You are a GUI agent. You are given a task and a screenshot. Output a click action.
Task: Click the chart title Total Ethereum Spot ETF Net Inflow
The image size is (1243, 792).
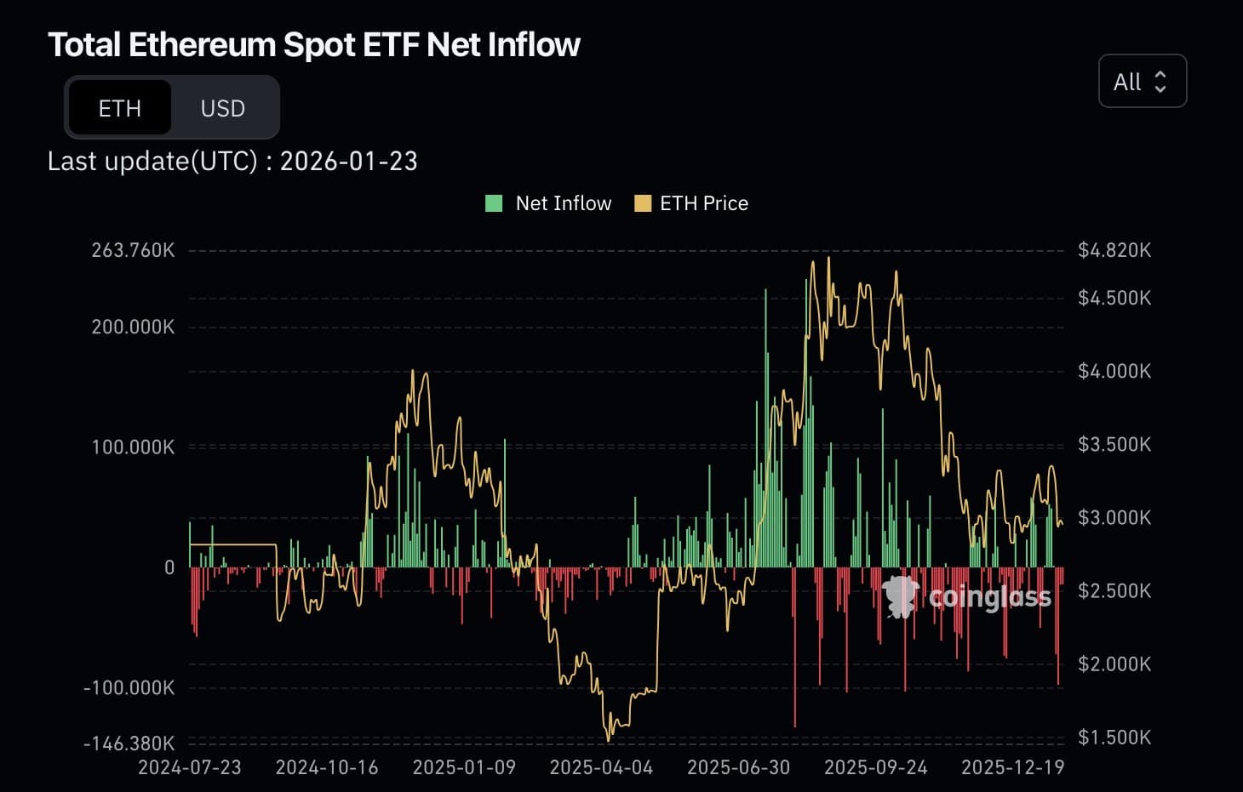tap(313, 45)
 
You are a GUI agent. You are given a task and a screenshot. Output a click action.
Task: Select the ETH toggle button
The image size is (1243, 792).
tap(119, 108)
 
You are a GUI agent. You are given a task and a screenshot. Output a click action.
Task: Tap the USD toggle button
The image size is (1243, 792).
tap(223, 108)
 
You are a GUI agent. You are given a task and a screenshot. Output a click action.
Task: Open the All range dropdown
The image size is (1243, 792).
tap(1142, 82)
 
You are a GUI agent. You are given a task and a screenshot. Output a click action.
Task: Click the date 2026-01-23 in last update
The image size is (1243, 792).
tap(348, 162)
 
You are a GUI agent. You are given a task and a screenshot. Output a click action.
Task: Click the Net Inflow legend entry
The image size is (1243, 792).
tap(549, 203)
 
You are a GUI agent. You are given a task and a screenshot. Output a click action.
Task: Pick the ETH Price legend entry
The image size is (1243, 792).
tap(691, 203)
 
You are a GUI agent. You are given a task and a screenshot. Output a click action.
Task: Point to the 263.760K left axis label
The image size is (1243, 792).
tap(133, 250)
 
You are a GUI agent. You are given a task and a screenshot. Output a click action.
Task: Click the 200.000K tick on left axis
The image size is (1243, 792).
tap(133, 327)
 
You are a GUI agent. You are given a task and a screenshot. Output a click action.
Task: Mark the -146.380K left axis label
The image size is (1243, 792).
tap(129, 744)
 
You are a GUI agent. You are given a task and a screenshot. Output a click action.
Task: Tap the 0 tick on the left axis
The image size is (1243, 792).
tap(169, 567)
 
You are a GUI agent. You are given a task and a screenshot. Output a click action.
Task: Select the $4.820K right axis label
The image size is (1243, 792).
tap(1114, 250)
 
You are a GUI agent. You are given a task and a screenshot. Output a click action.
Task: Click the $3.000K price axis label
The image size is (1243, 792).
tap(1114, 517)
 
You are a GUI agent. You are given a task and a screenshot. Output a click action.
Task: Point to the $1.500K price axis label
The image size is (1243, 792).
tap(1114, 738)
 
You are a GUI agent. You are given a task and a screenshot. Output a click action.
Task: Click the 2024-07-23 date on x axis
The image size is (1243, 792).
tap(190, 767)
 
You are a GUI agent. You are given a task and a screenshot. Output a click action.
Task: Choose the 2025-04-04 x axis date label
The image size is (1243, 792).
tap(601, 767)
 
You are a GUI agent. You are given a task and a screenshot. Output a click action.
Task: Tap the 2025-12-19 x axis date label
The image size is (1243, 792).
tap(1012, 767)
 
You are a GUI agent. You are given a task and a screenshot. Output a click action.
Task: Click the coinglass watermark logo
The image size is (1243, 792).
tap(966, 596)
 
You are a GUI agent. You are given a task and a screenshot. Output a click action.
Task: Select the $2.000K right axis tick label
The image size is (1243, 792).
tap(1114, 664)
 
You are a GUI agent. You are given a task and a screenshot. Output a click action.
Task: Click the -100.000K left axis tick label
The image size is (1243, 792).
tap(129, 687)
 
